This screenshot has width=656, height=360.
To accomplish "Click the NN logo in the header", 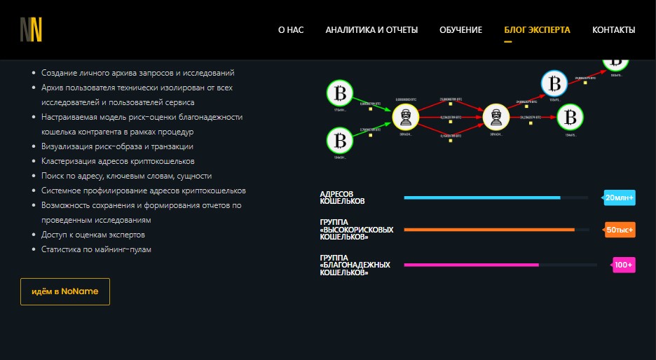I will [x=31, y=29].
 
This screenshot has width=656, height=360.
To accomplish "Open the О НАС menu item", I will [x=291, y=30].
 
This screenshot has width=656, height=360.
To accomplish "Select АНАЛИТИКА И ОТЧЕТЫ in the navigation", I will [x=371, y=30].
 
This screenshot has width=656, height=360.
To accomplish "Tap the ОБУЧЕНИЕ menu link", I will [x=460, y=30].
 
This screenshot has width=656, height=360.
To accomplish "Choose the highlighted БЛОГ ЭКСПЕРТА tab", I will [x=537, y=30].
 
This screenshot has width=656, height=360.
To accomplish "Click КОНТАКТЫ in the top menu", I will [x=613, y=30].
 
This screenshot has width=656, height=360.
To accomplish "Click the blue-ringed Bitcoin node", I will [x=554, y=84].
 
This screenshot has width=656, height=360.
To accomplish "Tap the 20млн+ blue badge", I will [x=620, y=198].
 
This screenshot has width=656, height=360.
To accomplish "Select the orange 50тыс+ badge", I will [x=620, y=230].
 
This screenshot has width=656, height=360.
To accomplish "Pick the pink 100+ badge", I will [x=623, y=265].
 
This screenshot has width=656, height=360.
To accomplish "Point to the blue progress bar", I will [x=482, y=198].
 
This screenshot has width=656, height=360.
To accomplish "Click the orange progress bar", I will [x=489, y=230].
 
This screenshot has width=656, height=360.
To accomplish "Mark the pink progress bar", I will [x=471, y=265].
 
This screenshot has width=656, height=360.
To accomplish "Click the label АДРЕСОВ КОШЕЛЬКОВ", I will [x=342, y=198].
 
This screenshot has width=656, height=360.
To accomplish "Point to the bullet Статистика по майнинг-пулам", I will [x=97, y=249].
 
